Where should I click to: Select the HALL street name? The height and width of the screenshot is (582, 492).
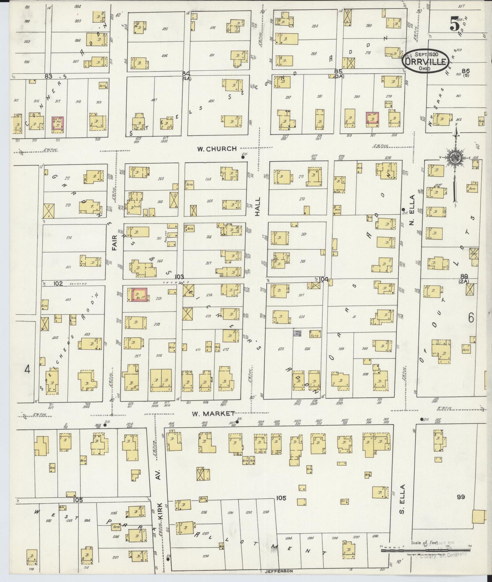click(x=257, y=206)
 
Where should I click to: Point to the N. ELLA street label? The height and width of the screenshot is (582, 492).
click(x=412, y=204)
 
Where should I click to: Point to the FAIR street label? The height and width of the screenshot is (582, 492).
click(x=115, y=242)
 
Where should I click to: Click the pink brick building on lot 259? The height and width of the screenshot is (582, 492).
click(x=138, y=294)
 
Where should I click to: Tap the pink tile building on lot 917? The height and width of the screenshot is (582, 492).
click(x=58, y=124)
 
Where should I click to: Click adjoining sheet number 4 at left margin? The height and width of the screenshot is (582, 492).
click(x=28, y=369)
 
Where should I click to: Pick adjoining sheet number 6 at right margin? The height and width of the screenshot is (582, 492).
click(x=471, y=318)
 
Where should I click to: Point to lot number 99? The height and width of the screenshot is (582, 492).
click(x=461, y=497)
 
